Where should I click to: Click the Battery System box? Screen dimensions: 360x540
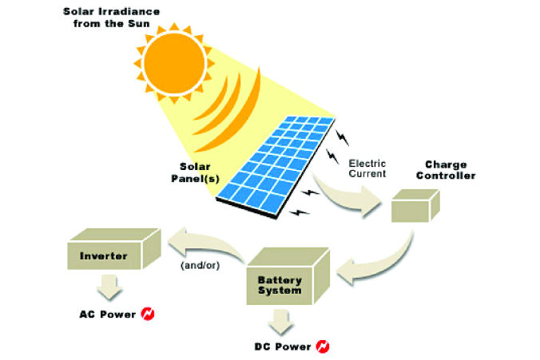(287, 275)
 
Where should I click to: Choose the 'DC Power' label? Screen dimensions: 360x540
(280, 346)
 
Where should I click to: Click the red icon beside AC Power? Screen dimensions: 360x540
(148, 314)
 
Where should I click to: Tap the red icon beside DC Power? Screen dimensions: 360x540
(322, 346)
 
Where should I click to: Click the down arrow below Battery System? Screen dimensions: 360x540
(280, 321)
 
